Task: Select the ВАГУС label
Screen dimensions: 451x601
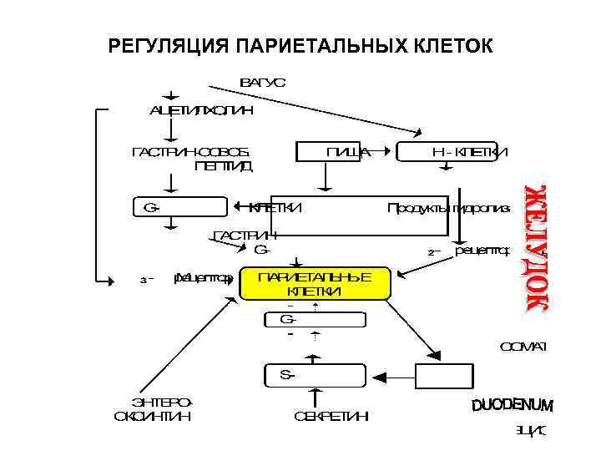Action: (x=262, y=83)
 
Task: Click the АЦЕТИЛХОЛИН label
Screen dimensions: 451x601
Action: (x=201, y=109)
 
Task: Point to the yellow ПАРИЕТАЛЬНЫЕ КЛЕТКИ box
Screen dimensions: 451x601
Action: (x=315, y=284)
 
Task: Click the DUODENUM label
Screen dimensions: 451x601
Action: (x=512, y=406)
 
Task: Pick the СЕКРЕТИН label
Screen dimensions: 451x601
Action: (x=331, y=417)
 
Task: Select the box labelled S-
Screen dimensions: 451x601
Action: (x=315, y=376)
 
